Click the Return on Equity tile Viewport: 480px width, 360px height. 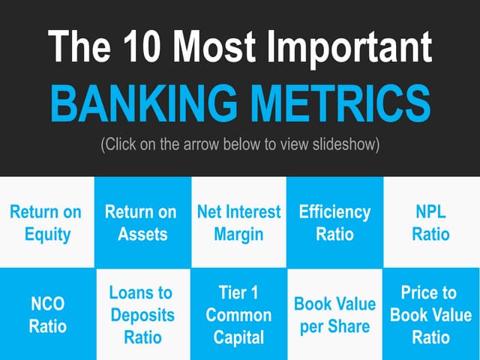click(x=46, y=223)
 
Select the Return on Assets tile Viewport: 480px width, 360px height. click(x=142, y=223)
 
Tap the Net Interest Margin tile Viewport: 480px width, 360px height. click(x=238, y=223)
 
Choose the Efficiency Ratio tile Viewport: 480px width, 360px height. click(x=334, y=223)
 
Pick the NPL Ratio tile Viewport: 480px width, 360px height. click(x=431, y=223)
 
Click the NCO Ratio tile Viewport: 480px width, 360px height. click(x=46, y=315)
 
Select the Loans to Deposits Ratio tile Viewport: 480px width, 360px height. click(x=142, y=315)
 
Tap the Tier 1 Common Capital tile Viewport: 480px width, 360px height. click(x=238, y=315)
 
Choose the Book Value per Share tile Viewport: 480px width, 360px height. click(x=334, y=315)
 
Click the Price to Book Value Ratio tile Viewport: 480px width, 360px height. click(x=431, y=315)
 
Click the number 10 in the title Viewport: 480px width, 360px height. click(x=143, y=46)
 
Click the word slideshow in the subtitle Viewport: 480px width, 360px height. click(x=346, y=145)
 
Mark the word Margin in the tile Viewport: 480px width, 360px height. click(x=238, y=234)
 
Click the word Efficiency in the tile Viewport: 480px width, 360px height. click(x=334, y=212)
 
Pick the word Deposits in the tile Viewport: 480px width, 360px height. click(x=142, y=315)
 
